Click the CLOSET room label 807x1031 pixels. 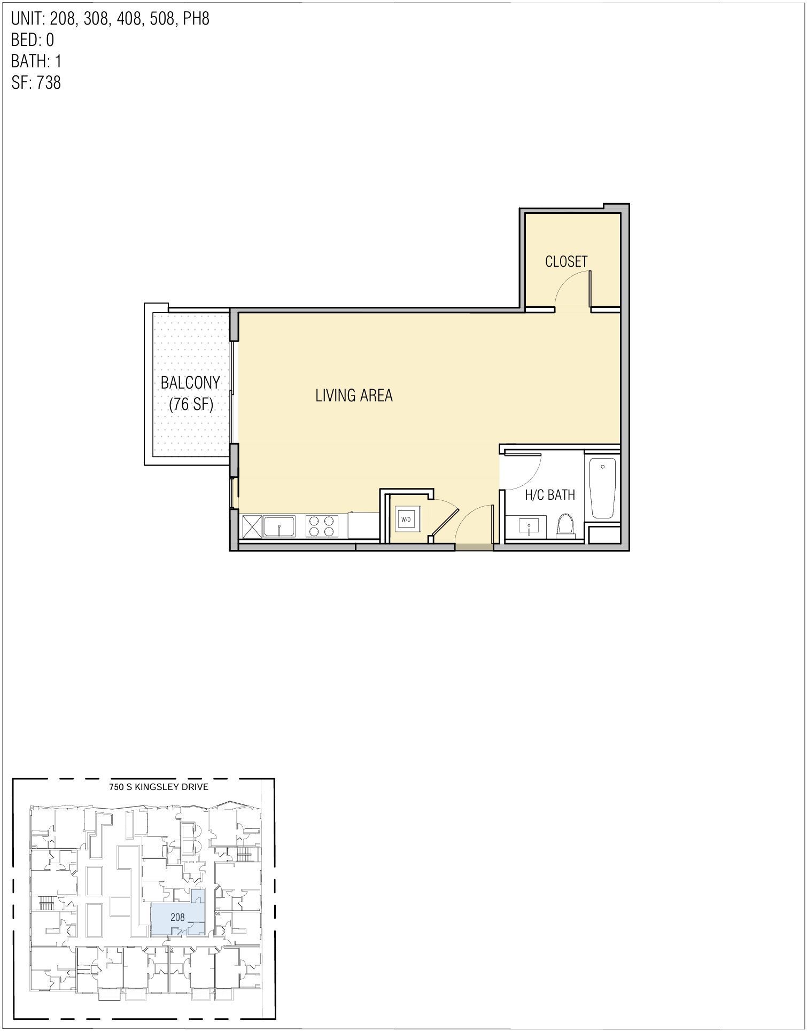pos(566,261)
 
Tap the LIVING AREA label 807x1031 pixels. pos(354,396)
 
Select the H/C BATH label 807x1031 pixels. pos(549,495)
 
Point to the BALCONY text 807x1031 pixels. pos(190,383)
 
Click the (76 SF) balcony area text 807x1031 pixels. pos(191,405)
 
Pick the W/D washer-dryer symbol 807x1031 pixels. pos(406,519)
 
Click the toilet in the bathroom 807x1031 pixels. pos(564,524)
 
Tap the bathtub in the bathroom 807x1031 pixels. pos(602,487)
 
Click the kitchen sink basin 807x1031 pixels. pos(279,526)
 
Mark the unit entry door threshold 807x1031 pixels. pos(474,547)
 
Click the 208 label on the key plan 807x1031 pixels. pos(177,917)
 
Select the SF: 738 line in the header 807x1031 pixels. pos(36,83)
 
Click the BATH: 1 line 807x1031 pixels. pos(36,61)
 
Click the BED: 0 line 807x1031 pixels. pos(32,40)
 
